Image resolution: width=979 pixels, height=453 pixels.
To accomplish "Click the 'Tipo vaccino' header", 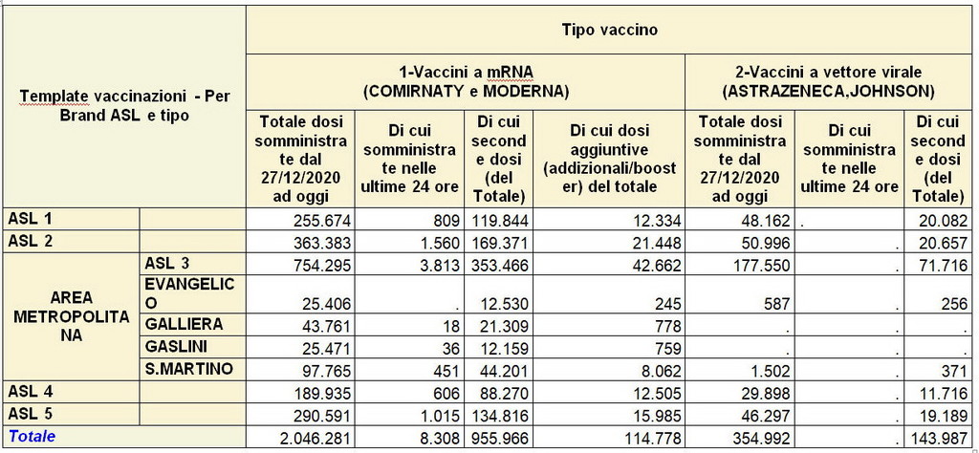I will pyautogui.click(x=610, y=30).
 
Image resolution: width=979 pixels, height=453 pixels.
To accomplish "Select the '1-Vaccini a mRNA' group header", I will pyautogui.click(x=466, y=82).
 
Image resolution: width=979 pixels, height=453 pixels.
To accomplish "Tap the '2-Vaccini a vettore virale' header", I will pyautogui.click(x=829, y=82).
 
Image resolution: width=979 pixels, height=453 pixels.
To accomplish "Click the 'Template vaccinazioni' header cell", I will pyautogui.click(x=124, y=105).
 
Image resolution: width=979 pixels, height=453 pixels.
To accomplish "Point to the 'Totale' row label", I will pyautogui.click(x=32, y=436).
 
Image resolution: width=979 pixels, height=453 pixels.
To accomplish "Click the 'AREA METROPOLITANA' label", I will pyautogui.click(x=73, y=316).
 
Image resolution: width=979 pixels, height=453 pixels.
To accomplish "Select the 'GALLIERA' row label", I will pyautogui.click(x=184, y=324).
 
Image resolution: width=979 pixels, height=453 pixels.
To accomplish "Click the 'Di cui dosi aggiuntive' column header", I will pyautogui.click(x=609, y=160).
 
